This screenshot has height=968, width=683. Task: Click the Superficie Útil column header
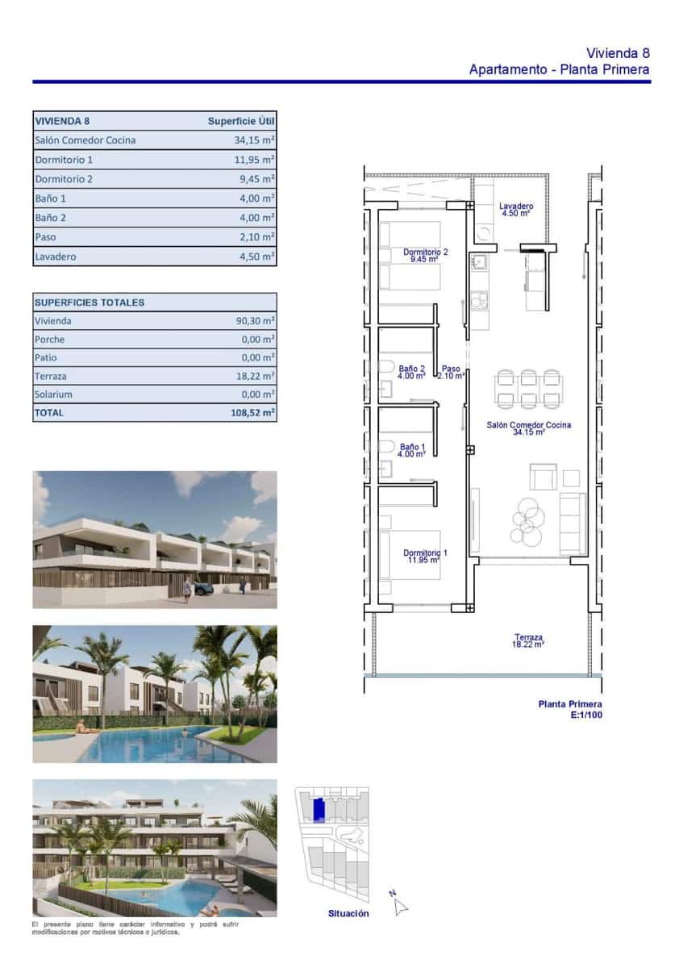pyautogui.click(x=241, y=121)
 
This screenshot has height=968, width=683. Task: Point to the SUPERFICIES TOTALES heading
pyautogui.click(x=90, y=302)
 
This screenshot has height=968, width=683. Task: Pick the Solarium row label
pyautogui.click(x=53, y=394)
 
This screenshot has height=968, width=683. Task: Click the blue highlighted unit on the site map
pyautogui.click(x=319, y=809)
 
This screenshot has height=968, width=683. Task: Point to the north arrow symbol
pyautogui.click(x=399, y=905)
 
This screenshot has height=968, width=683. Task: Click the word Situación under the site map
pyautogui.click(x=348, y=913)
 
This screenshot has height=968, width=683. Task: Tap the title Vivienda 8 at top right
pyautogui.click(x=618, y=53)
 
